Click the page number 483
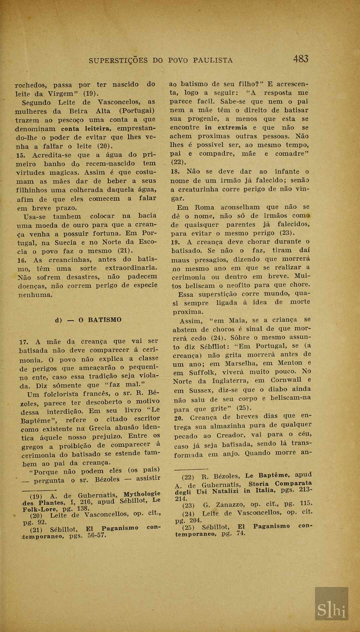(x=301, y=59)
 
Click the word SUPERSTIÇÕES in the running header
(x=118, y=60)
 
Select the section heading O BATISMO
(x=100, y=320)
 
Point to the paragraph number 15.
(x=21, y=155)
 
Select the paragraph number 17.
(x=23, y=342)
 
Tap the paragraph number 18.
(x=175, y=172)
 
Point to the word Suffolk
(x=203, y=373)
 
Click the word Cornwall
(x=286, y=380)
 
